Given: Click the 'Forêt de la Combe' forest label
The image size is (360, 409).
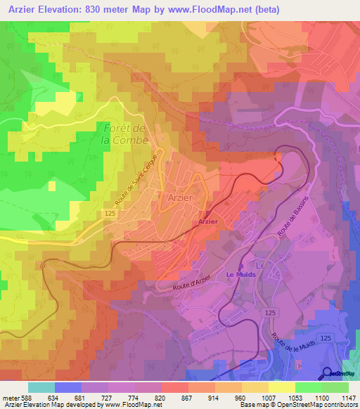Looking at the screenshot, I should click(x=124, y=134).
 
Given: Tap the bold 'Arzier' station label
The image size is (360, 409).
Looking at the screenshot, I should click(x=208, y=221).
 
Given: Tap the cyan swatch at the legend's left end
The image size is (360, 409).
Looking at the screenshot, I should click(x=41, y=387).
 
